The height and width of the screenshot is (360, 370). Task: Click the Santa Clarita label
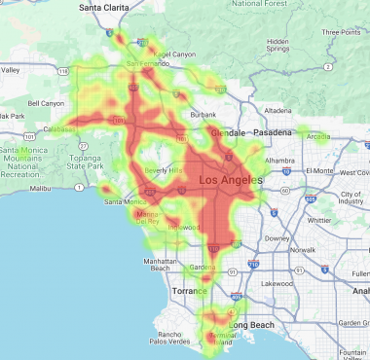click(x=101, y=8)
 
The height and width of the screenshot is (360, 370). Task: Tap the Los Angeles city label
click(x=230, y=180)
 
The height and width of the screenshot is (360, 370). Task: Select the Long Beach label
click(x=252, y=324)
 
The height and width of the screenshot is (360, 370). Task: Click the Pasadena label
click(x=275, y=131)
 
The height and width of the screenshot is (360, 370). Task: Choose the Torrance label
click(x=190, y=290)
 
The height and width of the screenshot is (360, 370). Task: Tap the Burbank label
click(x=204, y=115)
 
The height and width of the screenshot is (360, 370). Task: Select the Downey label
click(x=279, y=236)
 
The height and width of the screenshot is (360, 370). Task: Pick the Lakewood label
click(x=276, y=283)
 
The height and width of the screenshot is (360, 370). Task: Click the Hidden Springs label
click(x=277, y=47)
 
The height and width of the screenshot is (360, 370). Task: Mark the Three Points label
click(x=342, y=32)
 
